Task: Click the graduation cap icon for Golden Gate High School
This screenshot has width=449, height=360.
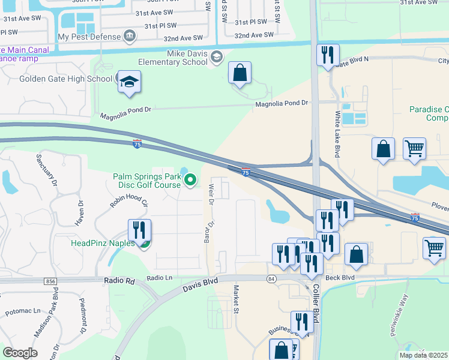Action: coord(129,82)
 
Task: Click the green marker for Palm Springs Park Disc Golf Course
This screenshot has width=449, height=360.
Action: coord(191,179)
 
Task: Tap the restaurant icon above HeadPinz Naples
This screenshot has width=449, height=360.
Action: coord(139,230)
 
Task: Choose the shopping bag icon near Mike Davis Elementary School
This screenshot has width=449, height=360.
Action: coord(240,73)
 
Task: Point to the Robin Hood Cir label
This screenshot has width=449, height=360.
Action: coord(128,200)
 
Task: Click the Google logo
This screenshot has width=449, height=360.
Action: coord(20,353)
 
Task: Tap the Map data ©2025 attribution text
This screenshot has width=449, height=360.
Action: coord(423,355)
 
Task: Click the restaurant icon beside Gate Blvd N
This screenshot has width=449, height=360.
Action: coord(328,56)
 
